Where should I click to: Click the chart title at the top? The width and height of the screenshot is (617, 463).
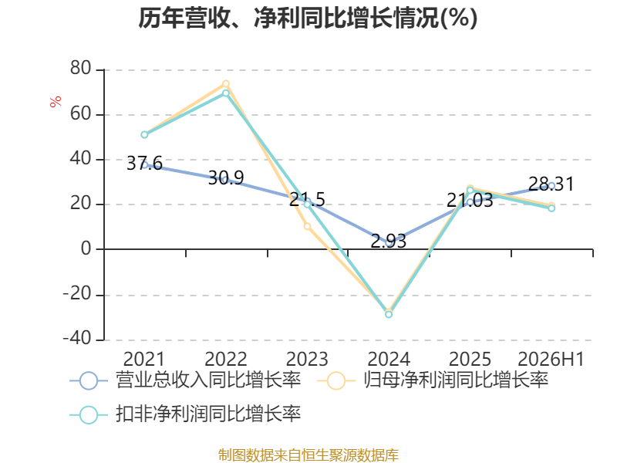pyautogui.click(x=308, y=18)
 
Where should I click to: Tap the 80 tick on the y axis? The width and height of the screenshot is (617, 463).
pyautogui.click(x=81, y=68)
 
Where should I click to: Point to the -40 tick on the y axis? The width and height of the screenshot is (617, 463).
pyautogui.click(x=77, y=338)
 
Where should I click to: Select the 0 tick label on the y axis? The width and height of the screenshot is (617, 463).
pyautogui.click(x=86, y=248)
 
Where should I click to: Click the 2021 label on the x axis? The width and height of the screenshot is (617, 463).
pyautogui.click(x=144, y=359)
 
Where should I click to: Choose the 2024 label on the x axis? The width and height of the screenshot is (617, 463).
pyautogui.click(x=389, y=359)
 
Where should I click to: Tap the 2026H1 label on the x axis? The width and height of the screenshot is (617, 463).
pyautogui.click(x=551, y=359)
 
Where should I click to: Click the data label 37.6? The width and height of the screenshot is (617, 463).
pyautogui.click(x=144, y=163)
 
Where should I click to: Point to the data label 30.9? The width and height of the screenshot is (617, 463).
pyautogui.click(x=226, y=178)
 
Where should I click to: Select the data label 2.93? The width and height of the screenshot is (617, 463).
pyautogui.click(x=389, y=241)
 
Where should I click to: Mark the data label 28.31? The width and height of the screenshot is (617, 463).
pyautogui.click(x=551, y=184)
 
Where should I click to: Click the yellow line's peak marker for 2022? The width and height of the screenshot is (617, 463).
pyautogui.click(x=226, y=84)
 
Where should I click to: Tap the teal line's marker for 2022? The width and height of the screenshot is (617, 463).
pyautogui.click(x=226, y=93)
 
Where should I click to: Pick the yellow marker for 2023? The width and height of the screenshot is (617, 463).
pyautogui.click(x=307, y=226)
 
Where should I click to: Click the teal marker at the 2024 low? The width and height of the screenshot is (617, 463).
pyautogui.click(x=389, y=315)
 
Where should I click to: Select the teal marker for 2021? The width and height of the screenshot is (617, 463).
pyautogui.click(x=144, y=134)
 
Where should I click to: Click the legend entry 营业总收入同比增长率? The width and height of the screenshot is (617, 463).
pyautogui.click(x=185, y=380)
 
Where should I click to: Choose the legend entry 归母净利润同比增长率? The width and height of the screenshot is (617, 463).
pyautogui.click(x=433, y=380)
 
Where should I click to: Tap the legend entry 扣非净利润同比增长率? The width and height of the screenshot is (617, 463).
pyautogui.click(x=185, y=414)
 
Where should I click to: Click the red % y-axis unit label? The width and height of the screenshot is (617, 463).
pyautogui.click(x=56, y=101)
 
